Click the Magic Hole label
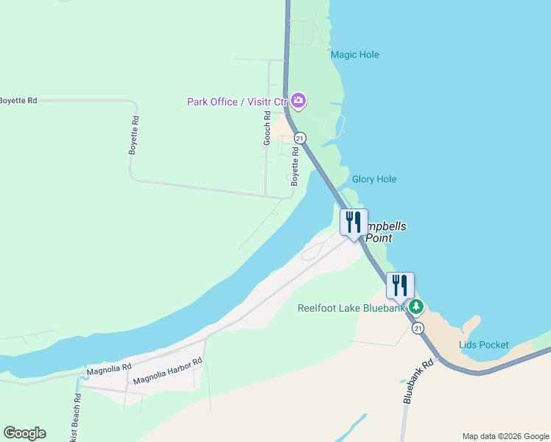[354, 55]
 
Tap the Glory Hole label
[374, 179]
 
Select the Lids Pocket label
[483, 345]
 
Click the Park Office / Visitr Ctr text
[236, 102]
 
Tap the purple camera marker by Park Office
[298, 100]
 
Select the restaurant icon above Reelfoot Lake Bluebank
[400, 285]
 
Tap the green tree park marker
[417, 306]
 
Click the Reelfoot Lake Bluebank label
[351, 308]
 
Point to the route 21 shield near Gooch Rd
[299, 138]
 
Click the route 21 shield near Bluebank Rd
[418, 328]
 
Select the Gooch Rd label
[267, 127]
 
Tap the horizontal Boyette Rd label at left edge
[18, 100]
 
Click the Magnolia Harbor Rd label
[167, 373]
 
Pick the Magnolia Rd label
[108, 367]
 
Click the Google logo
[24, 433]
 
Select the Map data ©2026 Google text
[506, 436]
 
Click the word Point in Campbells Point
[376, 239]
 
